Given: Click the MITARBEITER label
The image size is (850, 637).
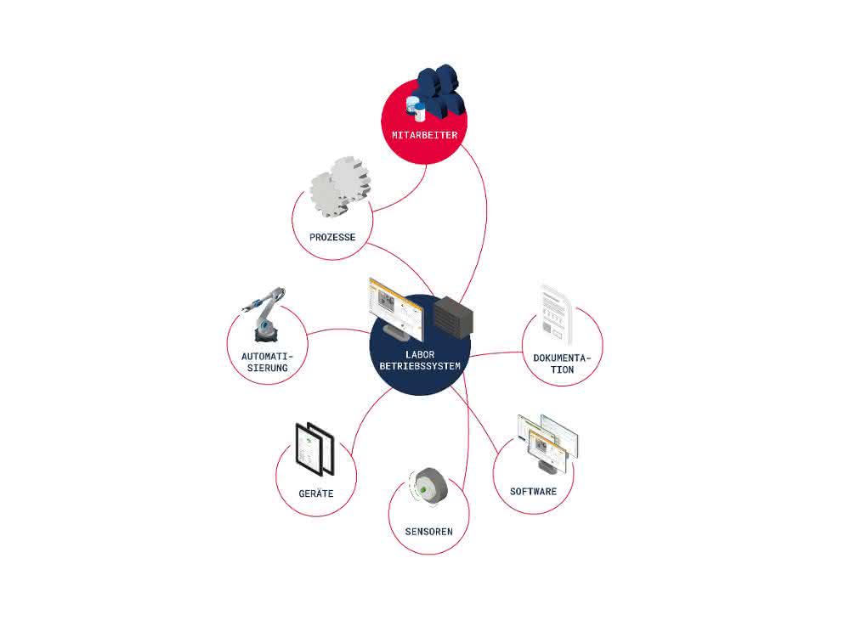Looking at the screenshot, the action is pos(424,135).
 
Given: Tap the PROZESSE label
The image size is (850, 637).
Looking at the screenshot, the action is pos(332,237).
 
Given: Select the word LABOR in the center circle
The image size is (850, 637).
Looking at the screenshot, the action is pos(420,355).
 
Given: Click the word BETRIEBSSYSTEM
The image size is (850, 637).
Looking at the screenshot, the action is pos(420,366).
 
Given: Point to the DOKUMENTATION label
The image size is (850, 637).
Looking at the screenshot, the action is pos(562,364).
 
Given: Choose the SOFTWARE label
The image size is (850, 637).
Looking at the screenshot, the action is pos(534,491).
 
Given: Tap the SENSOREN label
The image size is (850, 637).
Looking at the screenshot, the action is pos(428,532).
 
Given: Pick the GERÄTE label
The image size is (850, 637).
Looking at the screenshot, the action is pos(316,493).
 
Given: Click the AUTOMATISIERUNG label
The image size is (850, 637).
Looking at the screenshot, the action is pos(267,363).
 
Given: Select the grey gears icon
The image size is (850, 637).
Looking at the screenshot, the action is pos(340,188).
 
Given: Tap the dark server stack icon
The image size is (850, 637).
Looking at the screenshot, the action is pos(453,318).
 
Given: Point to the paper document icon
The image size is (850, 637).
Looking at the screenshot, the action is pos(556,314).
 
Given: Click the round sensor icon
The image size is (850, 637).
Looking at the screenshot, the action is pos(428,488).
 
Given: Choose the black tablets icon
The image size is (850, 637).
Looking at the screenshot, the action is pos(314,449).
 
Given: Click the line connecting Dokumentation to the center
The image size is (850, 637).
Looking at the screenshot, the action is pos(496,353).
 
